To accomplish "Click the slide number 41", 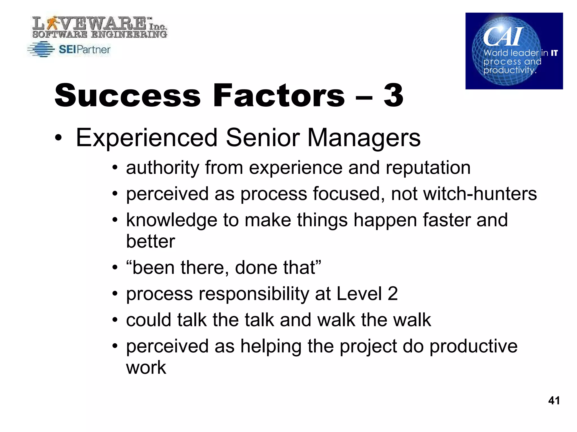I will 554,400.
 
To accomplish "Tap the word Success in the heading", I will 127,96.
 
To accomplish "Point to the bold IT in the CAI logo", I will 554,53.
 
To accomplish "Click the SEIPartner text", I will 85,50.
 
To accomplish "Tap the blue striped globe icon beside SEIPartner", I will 41,49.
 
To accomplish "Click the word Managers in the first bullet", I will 364,138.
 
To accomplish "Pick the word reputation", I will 428,168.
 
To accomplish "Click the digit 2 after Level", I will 392,294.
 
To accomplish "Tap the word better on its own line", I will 150,241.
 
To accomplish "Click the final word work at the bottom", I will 146,367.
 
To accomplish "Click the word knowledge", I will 172,220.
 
